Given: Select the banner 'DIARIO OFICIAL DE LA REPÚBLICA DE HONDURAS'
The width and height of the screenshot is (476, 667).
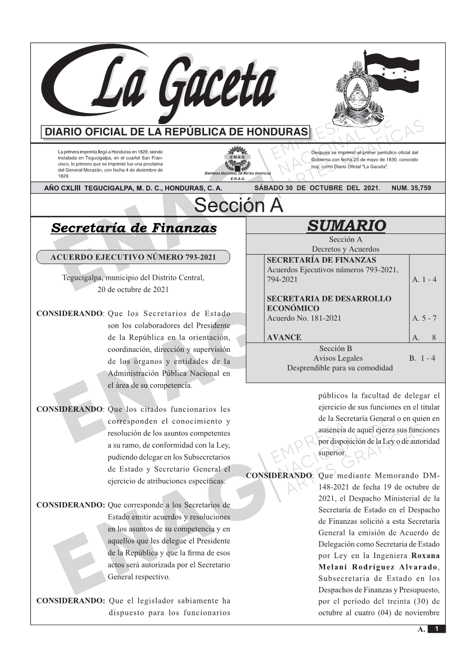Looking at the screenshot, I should pyautogui.click(x=176, y=132).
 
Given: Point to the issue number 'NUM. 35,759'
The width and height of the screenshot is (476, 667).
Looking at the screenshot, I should pyautogui.click(x=411, y=188).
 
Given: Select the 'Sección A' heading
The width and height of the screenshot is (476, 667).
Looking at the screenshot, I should pyautogui.click(x=238, y=206).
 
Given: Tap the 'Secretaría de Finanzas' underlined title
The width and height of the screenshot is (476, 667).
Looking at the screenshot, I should pyautogui.click(x=134, y=228).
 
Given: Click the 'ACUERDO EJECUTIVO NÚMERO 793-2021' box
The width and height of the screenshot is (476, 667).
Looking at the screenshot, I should pyautogui.click(x=133, y=258).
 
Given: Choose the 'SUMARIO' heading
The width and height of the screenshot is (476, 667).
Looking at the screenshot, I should pyautogui.click(x=346, y=226).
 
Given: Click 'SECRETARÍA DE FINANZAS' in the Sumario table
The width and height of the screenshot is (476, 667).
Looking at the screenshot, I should pyautogui.click(x=321, y=260).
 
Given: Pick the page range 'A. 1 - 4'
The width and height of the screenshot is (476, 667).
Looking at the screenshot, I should pyautogui.click(x=424, y=279).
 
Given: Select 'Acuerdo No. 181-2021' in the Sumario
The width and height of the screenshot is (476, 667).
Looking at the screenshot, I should pyautogui.click(x=304, y=318).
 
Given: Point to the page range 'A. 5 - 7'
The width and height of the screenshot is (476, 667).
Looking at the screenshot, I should pyautogui.click(x=424, y=318).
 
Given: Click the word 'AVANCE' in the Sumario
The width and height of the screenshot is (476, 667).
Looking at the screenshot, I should pyautogui.click(x=284, y=337).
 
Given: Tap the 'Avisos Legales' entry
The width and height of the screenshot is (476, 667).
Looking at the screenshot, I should pyautogui.click(x=338, y=358).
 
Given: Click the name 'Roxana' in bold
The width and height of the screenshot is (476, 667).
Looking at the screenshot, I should pyautogui.click(x=426, y=556).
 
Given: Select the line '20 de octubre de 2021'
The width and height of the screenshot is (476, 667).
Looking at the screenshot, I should pyautogui.click(x=133, y=289).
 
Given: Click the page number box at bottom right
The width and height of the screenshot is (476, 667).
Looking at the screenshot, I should pyautogui.click(x=436, y=629).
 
